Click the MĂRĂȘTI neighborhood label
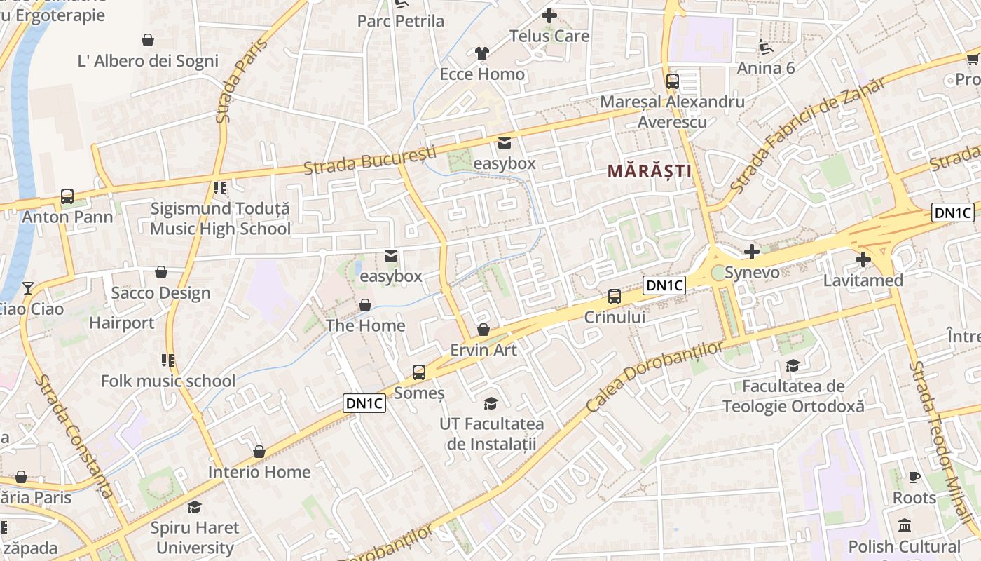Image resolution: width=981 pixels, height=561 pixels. point(649,170)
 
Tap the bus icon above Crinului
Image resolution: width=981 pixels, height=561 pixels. point(615,297)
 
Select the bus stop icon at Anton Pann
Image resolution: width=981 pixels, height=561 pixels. point(67,196)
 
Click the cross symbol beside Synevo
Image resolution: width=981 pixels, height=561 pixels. point(752,251)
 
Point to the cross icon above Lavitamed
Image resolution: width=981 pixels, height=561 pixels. point(863,259)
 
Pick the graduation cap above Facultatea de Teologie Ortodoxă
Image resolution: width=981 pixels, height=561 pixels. point(793,365)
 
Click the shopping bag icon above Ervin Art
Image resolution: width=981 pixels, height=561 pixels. point(483,329)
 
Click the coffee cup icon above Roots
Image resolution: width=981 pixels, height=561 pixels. point(914,477)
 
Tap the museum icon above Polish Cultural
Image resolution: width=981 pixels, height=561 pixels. point(905,525)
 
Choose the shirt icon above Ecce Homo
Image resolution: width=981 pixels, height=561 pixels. point(481,53)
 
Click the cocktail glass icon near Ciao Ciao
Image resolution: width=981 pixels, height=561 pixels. point(27,288)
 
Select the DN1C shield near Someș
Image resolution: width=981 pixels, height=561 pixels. point(365,403)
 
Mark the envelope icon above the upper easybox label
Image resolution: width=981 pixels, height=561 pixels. point(504,143)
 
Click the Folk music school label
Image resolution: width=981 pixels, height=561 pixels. point(168,381)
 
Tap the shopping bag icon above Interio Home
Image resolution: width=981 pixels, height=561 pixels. point(259,452)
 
